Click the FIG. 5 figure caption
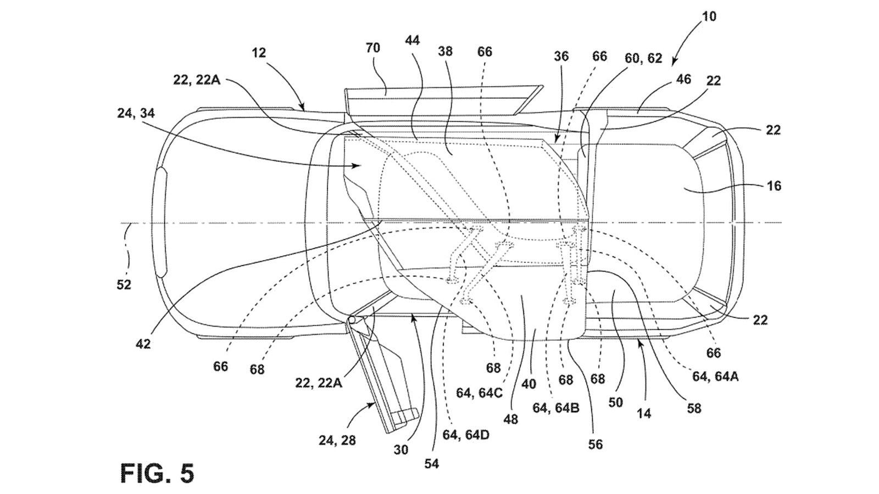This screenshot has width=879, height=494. [x=157, y=473]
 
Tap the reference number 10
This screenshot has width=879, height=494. [x=709, y=16]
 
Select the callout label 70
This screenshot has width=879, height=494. [x=372, y=48]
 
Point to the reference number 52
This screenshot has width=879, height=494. [x=124, y=285]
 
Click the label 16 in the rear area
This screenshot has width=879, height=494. [x=774, y=186]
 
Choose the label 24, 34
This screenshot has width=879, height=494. [x=136, y=114]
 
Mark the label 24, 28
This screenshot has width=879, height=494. [x=337, y=440]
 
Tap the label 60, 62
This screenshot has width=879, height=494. [x=643, y=58]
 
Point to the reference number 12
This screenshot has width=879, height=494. [x=259, y=53]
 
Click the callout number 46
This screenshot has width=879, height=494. [x=683, y=79]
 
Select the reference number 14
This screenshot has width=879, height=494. [x=643, y=413]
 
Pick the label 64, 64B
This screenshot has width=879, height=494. [x=556, y=408]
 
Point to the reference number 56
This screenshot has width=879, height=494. [x=596, y=444]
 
